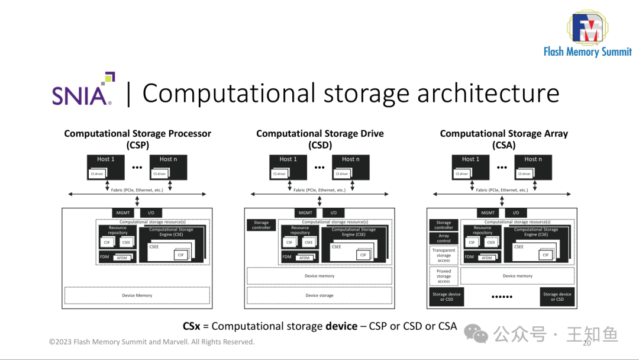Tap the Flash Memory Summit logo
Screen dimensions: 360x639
(587, 34)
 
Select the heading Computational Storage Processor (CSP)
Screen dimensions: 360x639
(137, 139)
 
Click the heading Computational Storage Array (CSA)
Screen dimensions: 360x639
(504, 139)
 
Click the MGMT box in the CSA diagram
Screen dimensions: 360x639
(488, 213)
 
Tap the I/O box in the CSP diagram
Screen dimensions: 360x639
(151, 213)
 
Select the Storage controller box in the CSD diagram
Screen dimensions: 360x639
(261, 225)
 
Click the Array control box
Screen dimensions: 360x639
(444, 238)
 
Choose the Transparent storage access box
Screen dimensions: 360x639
(444, 255)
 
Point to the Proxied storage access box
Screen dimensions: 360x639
(444, 276)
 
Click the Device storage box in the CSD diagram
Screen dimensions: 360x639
(319, 295)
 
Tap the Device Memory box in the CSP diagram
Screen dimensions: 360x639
(137, 295)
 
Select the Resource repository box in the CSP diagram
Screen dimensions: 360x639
(118, 230)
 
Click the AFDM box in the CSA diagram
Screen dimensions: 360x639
(487, 258)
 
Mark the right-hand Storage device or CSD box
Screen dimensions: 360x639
(557, 297)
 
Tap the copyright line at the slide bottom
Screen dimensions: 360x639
(151, 342)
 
